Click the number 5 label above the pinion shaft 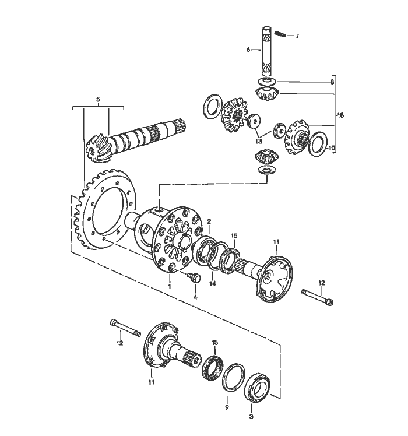point(98,100)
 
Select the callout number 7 point(297,36)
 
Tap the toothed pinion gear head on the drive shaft point(95,147)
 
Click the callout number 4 point(195,297)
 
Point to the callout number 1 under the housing point(170,286)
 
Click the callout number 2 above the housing point(209,222)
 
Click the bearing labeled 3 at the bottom point(256,388)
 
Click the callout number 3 point(251,417)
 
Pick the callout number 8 point(332,83)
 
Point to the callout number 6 point(248,51)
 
